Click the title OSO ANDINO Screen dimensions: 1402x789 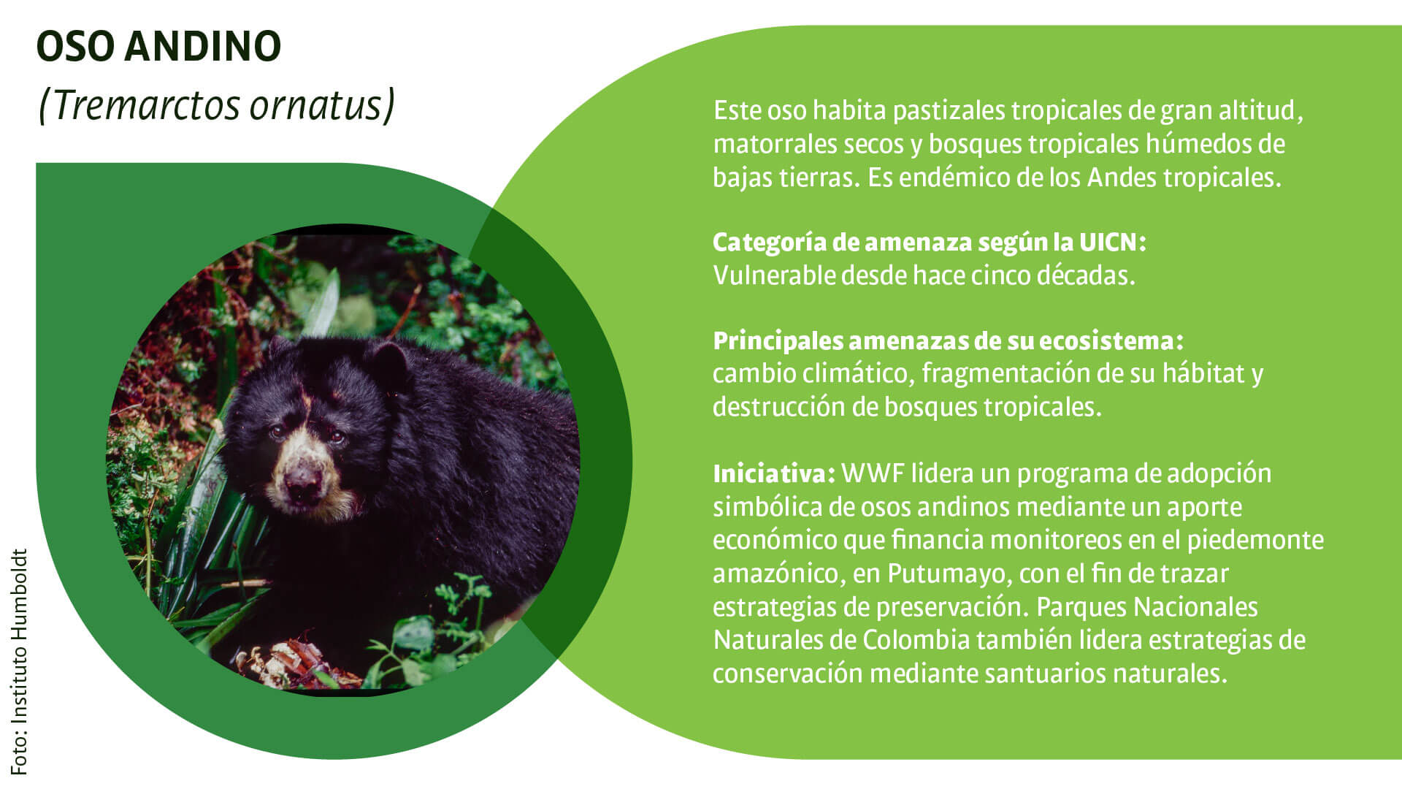[x=158, y=46]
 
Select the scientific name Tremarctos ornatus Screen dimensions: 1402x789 [x=216, y=105]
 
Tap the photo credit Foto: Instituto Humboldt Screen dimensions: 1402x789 [x=19, y=662]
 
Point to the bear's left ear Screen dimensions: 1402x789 [x=389, y=362]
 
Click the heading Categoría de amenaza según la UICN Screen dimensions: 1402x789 [x=930, y=242]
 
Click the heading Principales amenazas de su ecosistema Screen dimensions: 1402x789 [x=948, y=340]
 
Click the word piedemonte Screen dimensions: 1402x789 [x=1255, y=541]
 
